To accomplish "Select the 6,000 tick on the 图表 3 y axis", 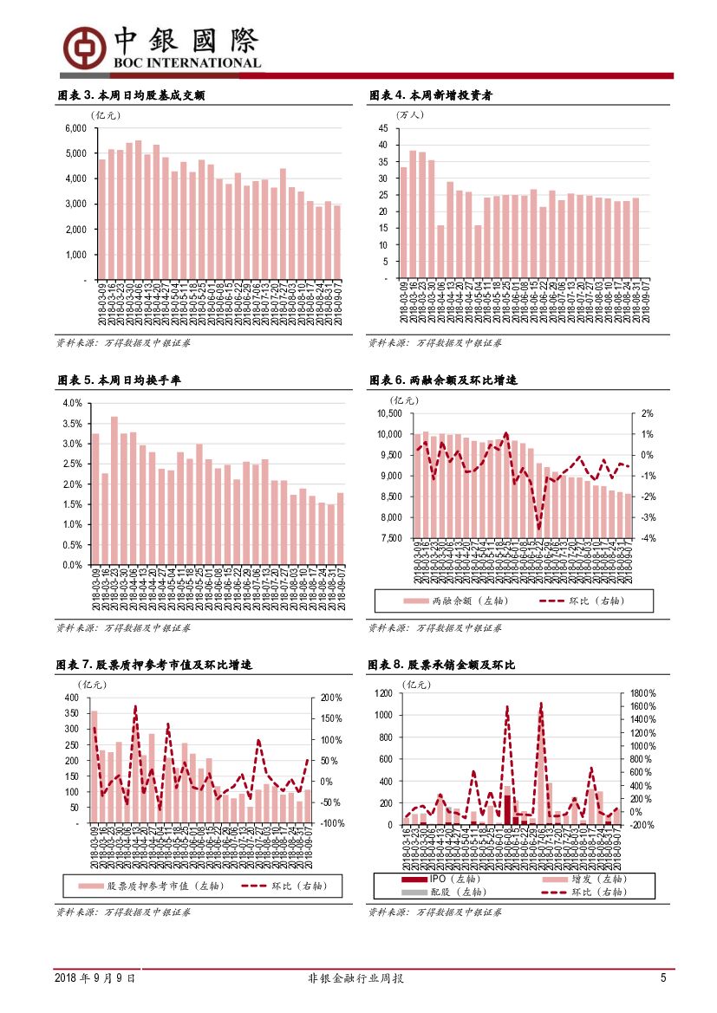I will [75, 128].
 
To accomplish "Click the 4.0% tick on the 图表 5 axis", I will [72, 404].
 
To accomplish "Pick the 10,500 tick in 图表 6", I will [389, 413].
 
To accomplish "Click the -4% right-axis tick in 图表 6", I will [647, 538].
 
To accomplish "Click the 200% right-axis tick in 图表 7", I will [332, 698].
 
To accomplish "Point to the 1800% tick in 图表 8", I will [642, 694].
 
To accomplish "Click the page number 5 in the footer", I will [663, 978].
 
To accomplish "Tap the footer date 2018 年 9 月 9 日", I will [95, 978].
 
